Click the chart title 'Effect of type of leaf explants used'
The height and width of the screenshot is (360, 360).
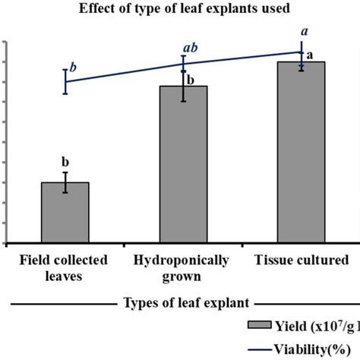point(179,9)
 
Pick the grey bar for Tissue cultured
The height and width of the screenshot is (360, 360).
point(302,152)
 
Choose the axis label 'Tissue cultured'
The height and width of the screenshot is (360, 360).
point(302,260)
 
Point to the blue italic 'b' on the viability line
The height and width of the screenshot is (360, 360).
point(73,67)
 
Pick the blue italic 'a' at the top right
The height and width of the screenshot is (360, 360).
point(305,31)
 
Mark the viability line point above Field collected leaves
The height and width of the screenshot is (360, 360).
point(65,81)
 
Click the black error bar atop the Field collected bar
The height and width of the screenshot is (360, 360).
point(65,182)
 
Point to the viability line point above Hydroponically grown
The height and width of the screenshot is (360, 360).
point(183,65)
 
